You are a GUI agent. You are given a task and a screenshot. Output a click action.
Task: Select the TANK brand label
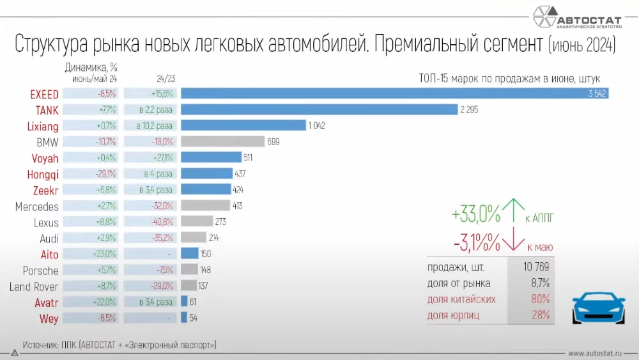(x=47, y=110)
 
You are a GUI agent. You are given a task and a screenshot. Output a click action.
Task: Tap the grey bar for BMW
(x=222, y=142)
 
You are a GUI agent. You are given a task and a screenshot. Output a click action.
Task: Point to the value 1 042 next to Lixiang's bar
(x=317, y=126)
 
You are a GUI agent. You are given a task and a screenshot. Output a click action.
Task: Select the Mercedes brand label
(x=36, y=207)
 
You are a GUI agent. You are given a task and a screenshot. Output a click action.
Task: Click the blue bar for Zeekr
(x=206, y=190)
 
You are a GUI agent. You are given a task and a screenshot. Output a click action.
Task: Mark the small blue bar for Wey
(x=184, y=317)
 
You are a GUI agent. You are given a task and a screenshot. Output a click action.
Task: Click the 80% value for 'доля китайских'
(x=541, y=299)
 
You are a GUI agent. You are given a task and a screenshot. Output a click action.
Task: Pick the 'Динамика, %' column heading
(x=91, y=67)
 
